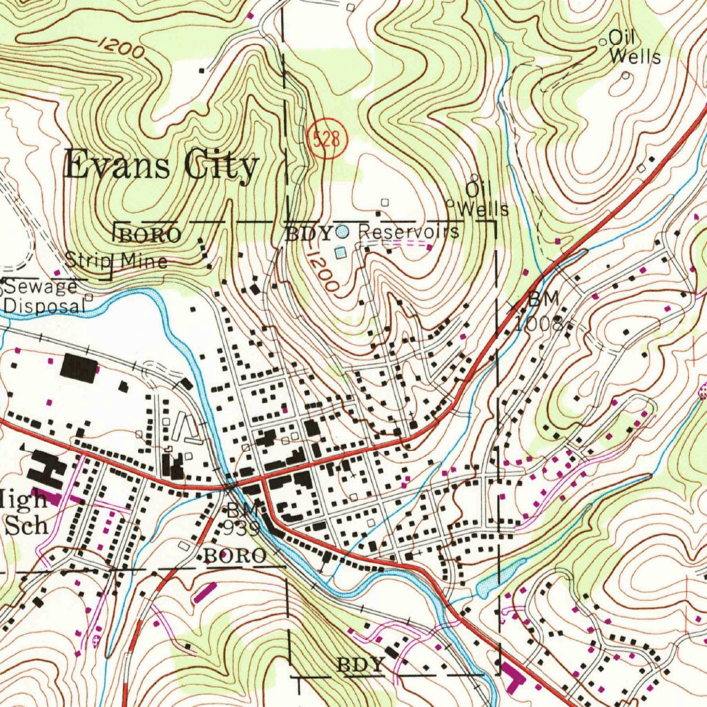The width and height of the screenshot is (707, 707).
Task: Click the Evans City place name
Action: pyautogui.click(x=162, y=167)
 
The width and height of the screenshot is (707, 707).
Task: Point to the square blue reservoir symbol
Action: pyautogui.click(x=340, y=253)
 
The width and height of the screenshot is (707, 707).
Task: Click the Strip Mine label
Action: pyautogui.click(x=116, y=261)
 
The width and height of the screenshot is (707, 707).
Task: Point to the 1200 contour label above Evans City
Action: pyautogui.click(x=121, y=47)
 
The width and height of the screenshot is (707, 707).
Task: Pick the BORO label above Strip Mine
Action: pyautogui.click(x=150, y=235)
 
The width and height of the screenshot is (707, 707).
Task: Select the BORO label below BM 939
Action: pyautogui.click(x=235, y=556)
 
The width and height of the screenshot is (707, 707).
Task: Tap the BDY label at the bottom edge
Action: pyautogui.click(x=360, y=665)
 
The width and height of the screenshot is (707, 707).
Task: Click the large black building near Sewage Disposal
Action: pyautogui.click(x=78, y=368)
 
